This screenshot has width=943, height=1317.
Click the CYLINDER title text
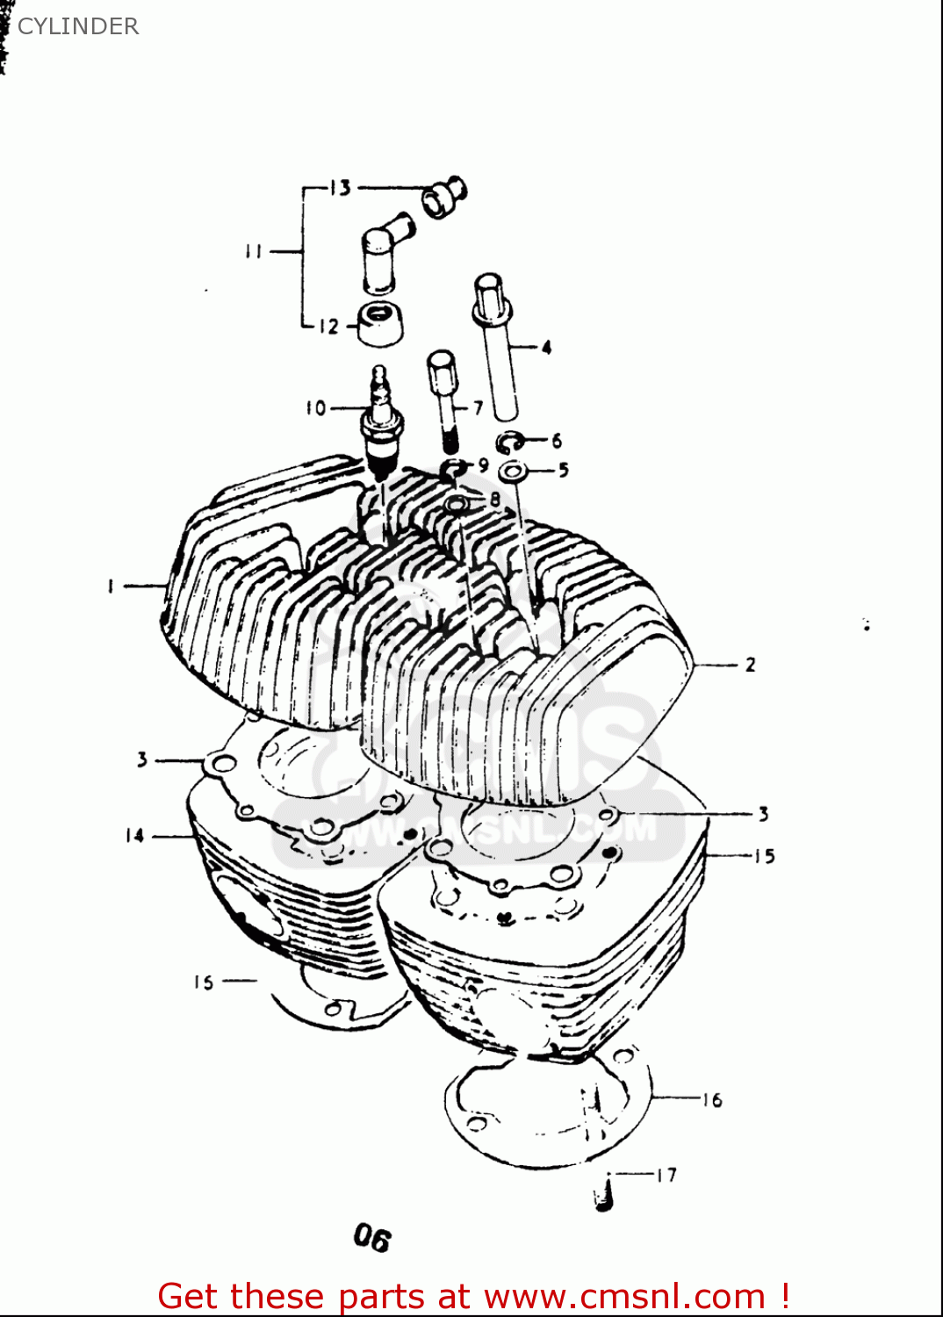click(77, 26)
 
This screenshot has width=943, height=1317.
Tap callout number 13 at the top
click(340, 188)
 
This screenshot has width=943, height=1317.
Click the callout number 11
click(254, 252)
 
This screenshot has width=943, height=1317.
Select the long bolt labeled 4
click(495, 347)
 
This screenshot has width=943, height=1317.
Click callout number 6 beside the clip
click(557, 440)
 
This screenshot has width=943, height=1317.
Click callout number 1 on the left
click(112, 586)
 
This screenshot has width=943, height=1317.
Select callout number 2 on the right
click(750, 666)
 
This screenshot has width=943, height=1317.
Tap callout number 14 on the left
click(134, 836)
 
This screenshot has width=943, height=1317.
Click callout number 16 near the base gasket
click(712, 1100)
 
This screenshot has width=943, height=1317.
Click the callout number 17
click(666, 1175)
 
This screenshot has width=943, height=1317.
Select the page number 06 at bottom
click(371, 1239)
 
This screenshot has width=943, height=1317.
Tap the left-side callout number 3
click(142, 759)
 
